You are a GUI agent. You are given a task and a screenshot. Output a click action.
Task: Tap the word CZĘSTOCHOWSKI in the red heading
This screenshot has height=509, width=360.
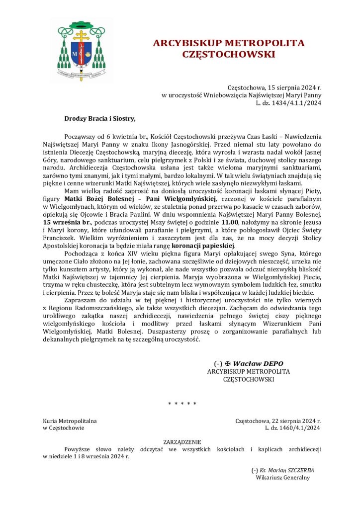click(x=228, y=54)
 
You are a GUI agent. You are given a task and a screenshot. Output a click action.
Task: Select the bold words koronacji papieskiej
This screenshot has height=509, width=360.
click(x=203, y=246)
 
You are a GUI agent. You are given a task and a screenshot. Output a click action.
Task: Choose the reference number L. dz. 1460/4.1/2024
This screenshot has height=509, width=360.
click(x=292, y=427)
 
